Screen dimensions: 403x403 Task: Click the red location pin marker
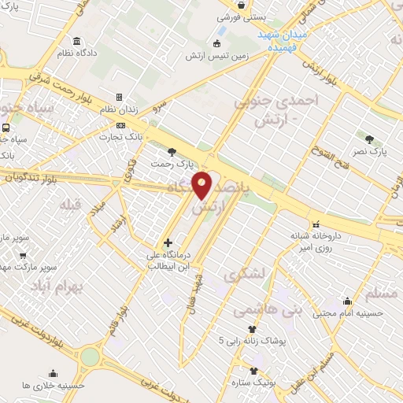[202, 184]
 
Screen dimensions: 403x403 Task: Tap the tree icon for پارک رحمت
[172, 152]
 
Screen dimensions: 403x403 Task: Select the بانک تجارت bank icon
[120, 125]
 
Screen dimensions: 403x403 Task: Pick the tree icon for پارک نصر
[370, 139]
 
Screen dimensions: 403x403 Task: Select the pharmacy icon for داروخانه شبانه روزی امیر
[316, 224]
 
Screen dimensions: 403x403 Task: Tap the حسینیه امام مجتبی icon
[347, 301]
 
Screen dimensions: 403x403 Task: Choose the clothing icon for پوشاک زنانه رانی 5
[252, 329]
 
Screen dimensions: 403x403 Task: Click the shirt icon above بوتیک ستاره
[253, 370]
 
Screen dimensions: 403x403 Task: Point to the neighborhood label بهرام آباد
[56, 287]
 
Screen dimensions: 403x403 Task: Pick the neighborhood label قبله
[69, 205]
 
